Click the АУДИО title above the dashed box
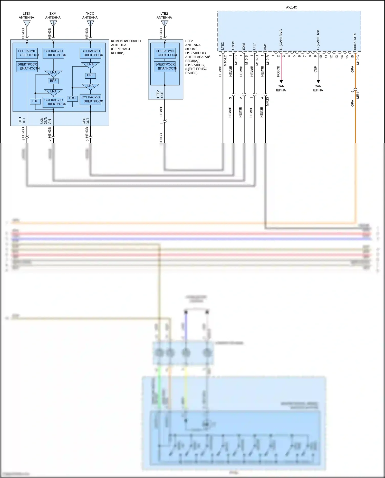(292, 7)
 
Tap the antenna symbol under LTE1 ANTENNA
(27, 24)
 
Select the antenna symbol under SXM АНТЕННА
(53, 24)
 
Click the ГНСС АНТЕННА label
(90, 15)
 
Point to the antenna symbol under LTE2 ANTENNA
(165, 24)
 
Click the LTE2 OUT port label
(160, 94)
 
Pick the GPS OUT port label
(86, 121)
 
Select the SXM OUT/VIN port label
(46, 121)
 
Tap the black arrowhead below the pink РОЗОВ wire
(281, 81)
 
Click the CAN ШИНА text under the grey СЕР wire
(318, 88)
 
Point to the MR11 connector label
(358, 94)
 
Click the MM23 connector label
(267, 101)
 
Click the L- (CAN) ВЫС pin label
(281, 39)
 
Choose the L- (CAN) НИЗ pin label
(318, 40)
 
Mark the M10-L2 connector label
(225, 60)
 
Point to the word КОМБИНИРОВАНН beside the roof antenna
(126, 41)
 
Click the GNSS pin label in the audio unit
(233, 45)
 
